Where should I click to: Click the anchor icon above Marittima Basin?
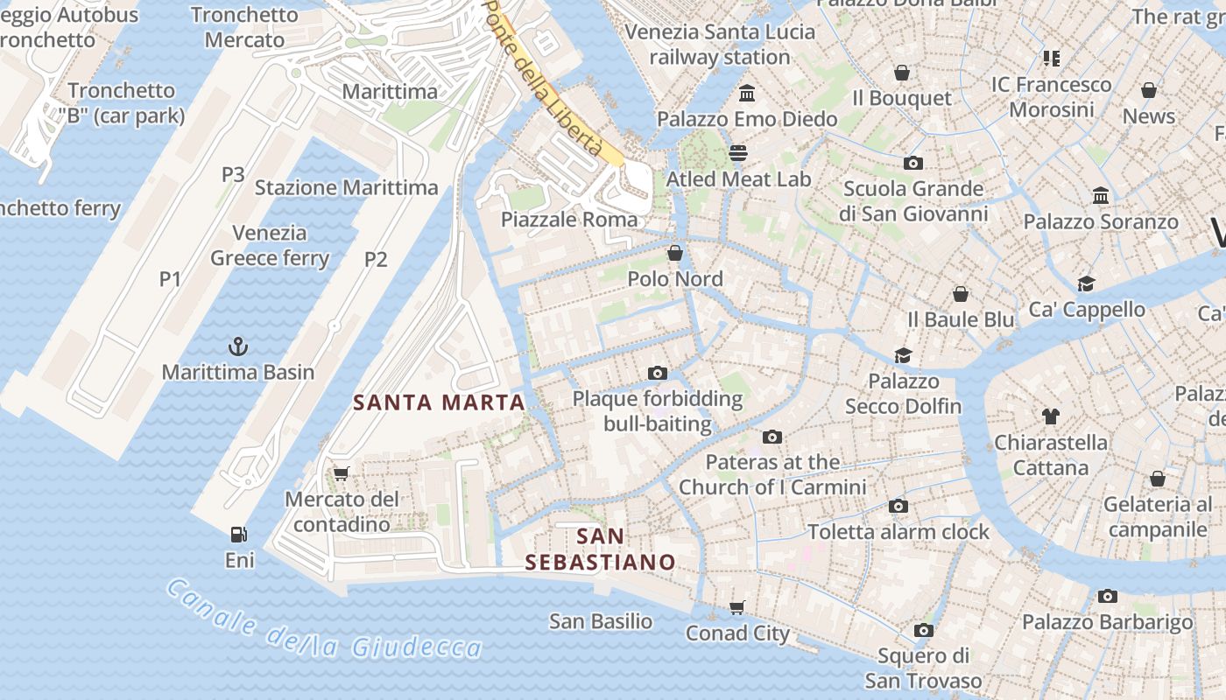[237, 347]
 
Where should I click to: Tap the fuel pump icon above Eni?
[238, 534]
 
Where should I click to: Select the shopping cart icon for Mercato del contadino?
[342, 473]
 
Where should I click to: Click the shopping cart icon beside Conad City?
[737, 607]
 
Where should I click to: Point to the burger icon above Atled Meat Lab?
[738, 153]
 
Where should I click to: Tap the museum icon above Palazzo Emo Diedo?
[747, 93]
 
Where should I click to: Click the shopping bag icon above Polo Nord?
[675, 254]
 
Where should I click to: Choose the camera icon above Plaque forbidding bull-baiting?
[658, 374]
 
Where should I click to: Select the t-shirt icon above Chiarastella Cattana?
[1050, 416]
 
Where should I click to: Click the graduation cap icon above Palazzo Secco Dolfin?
[903, 355]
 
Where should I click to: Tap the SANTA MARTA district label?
[439, 402]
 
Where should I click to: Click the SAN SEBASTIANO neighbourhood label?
[601, 549]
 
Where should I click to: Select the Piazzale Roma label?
[569, 220]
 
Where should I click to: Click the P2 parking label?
[376, 259]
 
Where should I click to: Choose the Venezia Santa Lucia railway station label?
[720, 45]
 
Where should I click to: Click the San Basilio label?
[601, 621]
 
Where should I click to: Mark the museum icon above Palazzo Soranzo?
[1101, 196]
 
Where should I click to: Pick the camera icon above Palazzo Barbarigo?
[1108, 597]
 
